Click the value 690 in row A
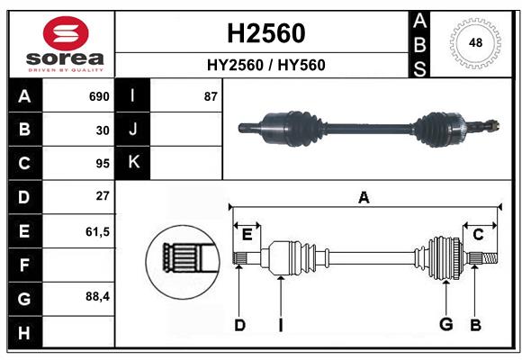98,95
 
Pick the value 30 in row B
103,130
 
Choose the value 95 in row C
103,164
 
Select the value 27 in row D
103,196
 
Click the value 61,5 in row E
97,231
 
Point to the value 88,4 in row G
97,297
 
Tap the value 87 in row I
211,95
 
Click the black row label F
23,265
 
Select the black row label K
133,163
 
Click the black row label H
23,332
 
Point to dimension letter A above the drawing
364,197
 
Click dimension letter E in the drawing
247,235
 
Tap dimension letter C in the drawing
478,235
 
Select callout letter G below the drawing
445,324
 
